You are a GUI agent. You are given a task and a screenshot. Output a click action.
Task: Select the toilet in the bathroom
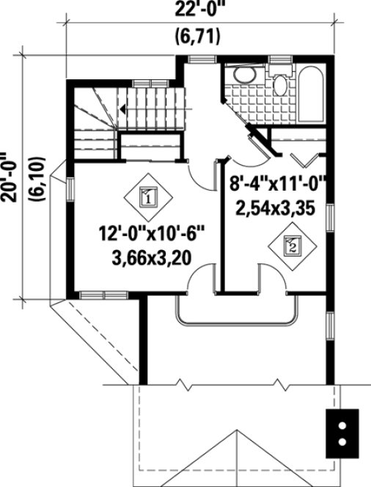click(279, 82)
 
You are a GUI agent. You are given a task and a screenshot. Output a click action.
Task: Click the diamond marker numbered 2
click(290, 245)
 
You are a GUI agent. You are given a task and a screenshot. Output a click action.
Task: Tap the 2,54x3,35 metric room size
click(275, 208)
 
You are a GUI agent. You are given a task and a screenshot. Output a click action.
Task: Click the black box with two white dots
click(342, 433)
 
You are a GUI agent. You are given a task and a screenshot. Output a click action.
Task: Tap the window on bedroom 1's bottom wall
click(103, 295)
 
